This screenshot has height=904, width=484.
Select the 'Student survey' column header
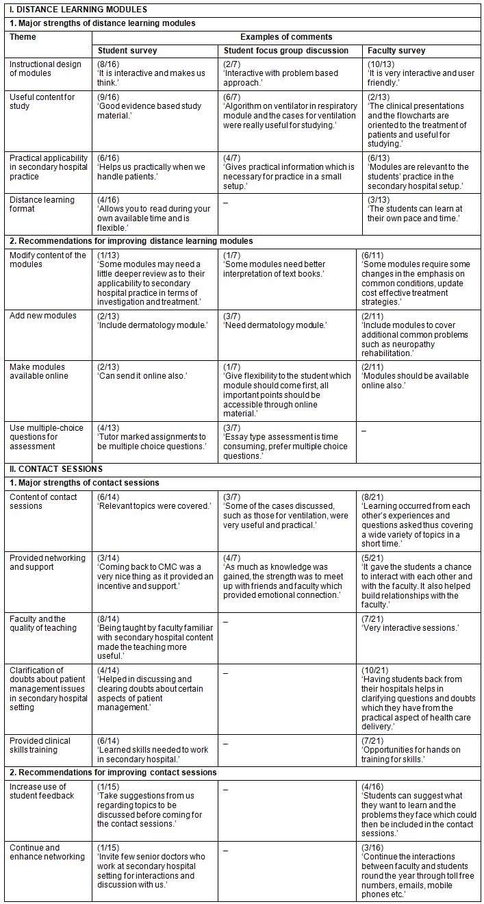127,51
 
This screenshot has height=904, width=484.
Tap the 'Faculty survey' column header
396,51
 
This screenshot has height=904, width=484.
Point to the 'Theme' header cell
23,37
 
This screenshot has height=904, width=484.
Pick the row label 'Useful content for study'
42,101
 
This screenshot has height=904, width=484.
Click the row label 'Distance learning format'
42,204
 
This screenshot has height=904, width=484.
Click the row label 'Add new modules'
42,316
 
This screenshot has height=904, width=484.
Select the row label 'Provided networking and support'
47,562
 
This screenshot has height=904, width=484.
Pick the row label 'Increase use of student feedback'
42,791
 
